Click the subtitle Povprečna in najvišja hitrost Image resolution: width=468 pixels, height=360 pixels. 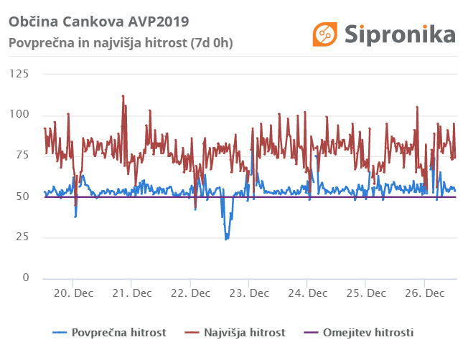tap(120, 42)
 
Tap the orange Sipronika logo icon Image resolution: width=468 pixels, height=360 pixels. tap(324, 34)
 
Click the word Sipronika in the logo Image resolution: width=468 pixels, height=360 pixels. tap(400, 34)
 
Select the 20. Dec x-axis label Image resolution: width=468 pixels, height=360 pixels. tap(72, 293)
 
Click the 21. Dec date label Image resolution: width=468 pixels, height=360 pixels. tap(131, 293)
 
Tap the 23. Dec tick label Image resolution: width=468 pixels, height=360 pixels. tap(248, 293)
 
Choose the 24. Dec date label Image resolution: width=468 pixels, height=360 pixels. tap(307, 293)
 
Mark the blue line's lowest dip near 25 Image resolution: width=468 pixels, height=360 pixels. tap(226, 238)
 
